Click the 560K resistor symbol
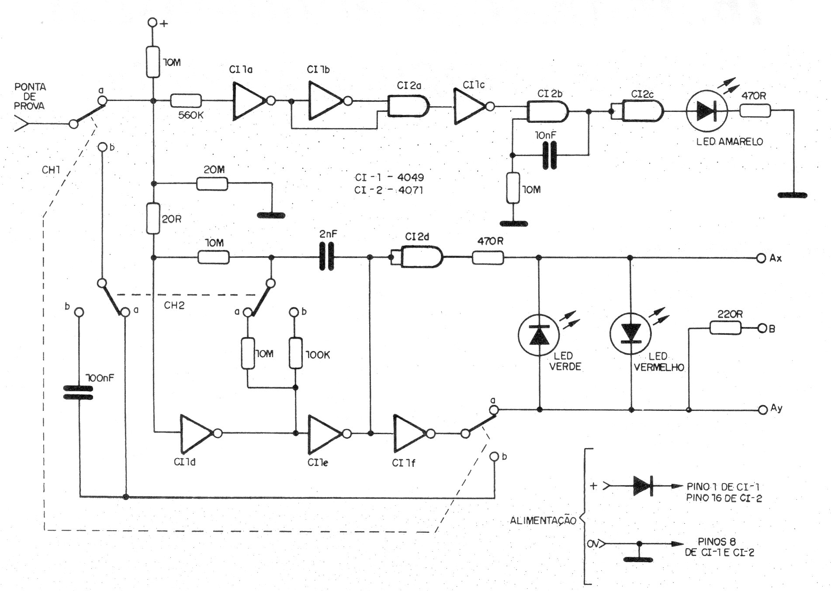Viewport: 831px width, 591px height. click(x=186, y=101)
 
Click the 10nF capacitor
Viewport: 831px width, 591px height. click(x=550, y=155)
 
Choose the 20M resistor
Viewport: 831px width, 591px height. click(x=212, y=184)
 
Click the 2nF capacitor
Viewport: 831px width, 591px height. click(x=326, y=257)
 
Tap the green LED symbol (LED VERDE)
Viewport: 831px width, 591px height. click(x=539, y=334)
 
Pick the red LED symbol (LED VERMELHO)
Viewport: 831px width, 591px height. click(x=630, y=334)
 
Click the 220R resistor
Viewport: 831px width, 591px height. click(x=725, y=328)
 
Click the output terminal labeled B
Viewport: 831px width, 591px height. click(x=762, y=328)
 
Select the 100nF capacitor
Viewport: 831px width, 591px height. click(x=79, y=392)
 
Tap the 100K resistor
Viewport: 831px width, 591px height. click(x=296, y=353)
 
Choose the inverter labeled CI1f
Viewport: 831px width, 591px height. click(x=410, y=433)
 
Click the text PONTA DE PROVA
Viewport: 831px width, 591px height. click(x=30, y=96)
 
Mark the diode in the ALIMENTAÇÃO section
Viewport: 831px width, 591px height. click(x=642, y=486)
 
